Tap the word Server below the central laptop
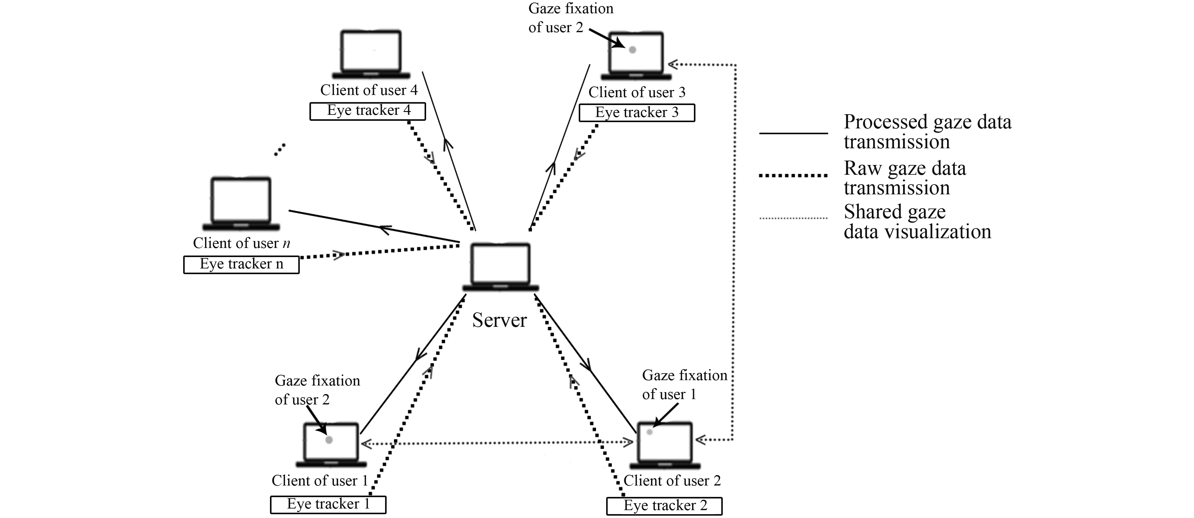[x=499, y=320]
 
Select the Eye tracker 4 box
[x=368, y=111]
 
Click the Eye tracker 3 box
[x=637, y=113]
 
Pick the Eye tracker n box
[x=241, y=264]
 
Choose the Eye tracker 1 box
[x=328, y=504]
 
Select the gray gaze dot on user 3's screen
[x=632, y=50]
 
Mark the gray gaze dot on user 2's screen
[x=650, y=432]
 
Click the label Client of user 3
[x=637, y=92]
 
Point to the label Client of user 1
[x=319, y=480]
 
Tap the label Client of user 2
[x=672, y=480]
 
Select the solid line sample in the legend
[x=793, y=133]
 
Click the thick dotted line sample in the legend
[x=793, y=175]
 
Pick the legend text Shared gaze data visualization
[x=917, y=222]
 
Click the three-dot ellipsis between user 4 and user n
[x=280, y=150]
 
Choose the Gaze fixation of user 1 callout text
[x=684, y=385]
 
